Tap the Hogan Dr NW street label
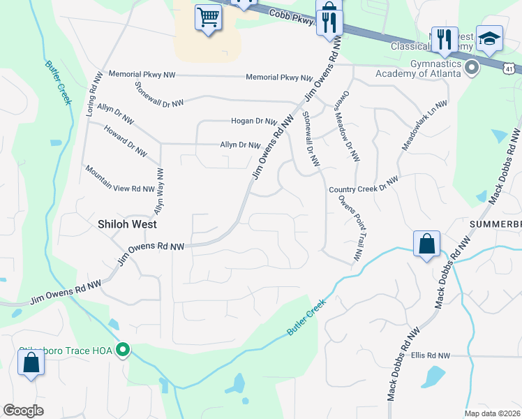[255, 121]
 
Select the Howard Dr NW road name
[125, 140]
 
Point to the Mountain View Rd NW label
[119, 179]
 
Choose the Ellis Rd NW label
[431, 355]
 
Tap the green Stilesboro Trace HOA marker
[124, 348]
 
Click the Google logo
[23, 411]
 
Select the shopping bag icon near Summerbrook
[426, 244]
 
